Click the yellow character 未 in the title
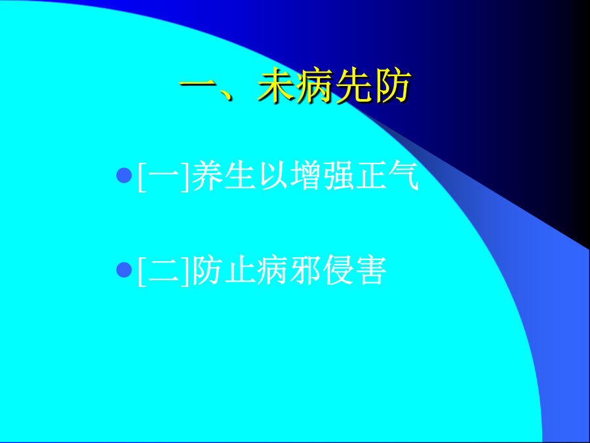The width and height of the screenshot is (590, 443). [x=276, y=85]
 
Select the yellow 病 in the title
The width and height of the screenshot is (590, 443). [x=315, y=85]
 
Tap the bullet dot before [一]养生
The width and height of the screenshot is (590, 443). [x=124, y=175]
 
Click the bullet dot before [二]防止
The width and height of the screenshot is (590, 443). [x=124, y=270]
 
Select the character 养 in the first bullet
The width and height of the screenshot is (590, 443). [x=208, y=175]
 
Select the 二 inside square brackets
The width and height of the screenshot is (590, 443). [x=164, y=270]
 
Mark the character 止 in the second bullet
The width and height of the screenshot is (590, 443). [x=241, y=270]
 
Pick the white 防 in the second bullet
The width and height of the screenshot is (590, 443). [x=208, y=270]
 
